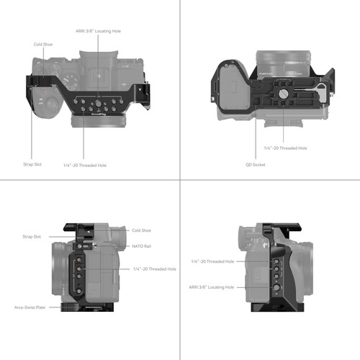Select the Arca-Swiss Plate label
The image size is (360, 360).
[30, 307]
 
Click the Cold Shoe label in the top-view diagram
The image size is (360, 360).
[42, 44]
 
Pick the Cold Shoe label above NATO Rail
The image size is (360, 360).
[140, 230]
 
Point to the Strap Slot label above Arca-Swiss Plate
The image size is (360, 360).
[32, 236]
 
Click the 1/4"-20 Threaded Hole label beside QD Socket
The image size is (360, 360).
[286, 148]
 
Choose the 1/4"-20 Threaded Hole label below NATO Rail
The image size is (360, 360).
[154, 269]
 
